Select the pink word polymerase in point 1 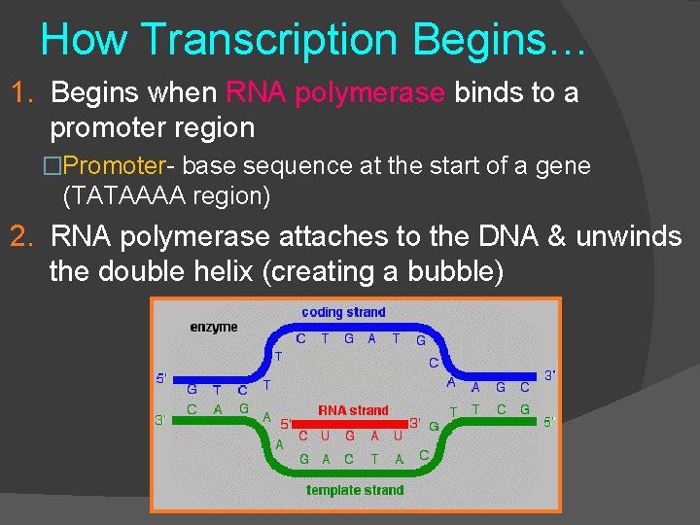[x=369, y=93]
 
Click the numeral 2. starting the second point [x=23, y=236]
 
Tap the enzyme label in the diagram [x=213, y=327]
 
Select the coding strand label [x=343, y=312]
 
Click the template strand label [x=355, y=490]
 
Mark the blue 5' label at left [x=161, y=378]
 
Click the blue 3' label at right [x=550, y=374]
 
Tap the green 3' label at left [x=160, y=420]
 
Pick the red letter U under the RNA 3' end [x=398, y=437]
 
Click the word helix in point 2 [x=222, y=272]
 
